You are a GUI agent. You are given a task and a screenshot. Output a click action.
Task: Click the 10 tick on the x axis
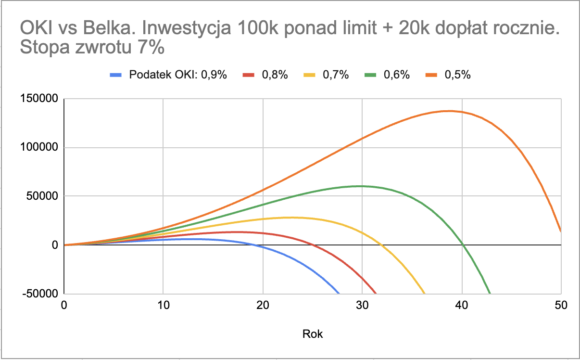pyautogui.click(x=164, y=305)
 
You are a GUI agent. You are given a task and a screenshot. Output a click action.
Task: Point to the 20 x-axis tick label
pyautogui.click(x=263, y=305)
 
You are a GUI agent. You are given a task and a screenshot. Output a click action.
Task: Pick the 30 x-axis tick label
pyautogui.click(x=362, y=305)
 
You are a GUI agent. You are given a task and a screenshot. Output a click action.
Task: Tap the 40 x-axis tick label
pyautogui.click(x=462, y=305)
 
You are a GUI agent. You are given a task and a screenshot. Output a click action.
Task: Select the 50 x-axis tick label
pyautogui.click(x=561, y=305)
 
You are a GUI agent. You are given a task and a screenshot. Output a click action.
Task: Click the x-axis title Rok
pyautogui.click(x=313, y=334)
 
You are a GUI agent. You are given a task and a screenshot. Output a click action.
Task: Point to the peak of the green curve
pyautogui.click(x=359, y=186)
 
